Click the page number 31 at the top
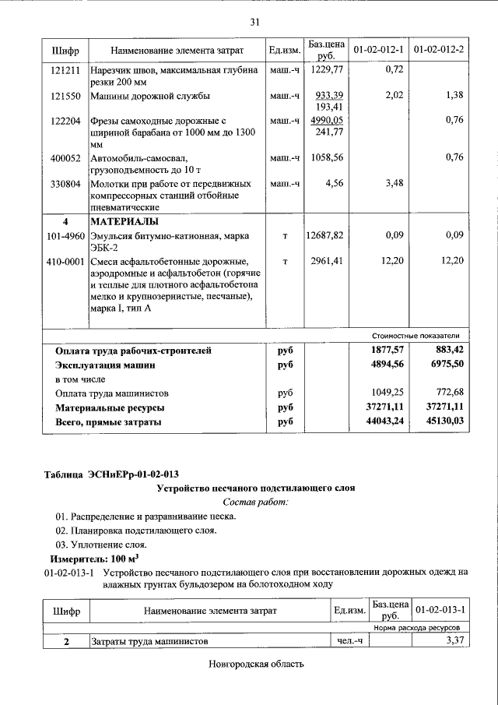point(254,22)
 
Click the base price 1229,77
point(326,70)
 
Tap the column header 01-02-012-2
point(439,51)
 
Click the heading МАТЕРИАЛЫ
point(124,221)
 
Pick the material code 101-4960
point(65,235)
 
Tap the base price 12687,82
point(325,235)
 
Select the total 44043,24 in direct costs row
point(381,422)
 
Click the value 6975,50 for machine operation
point(442,365)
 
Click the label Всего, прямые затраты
point(108,422)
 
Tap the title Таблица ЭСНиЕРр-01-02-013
point(116,474)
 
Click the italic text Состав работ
point(255,502)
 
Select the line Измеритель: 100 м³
point(84,559)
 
